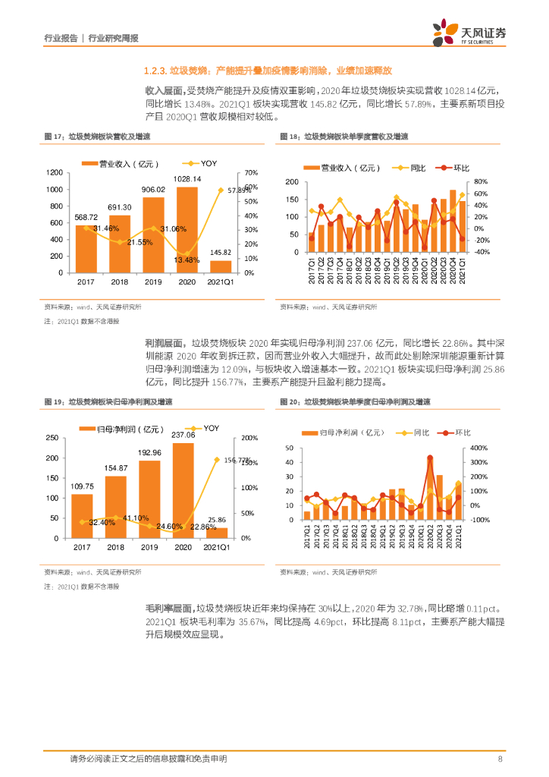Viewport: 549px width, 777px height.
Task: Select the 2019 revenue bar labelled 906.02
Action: click(153, 235)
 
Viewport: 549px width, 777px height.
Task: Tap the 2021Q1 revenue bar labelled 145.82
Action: click(221, 266)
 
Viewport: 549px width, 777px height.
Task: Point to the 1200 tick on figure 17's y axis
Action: click(55, 173)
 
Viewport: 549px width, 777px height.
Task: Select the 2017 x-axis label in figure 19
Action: click(82, 547)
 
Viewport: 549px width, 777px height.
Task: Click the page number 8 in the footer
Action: click(500, 759)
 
